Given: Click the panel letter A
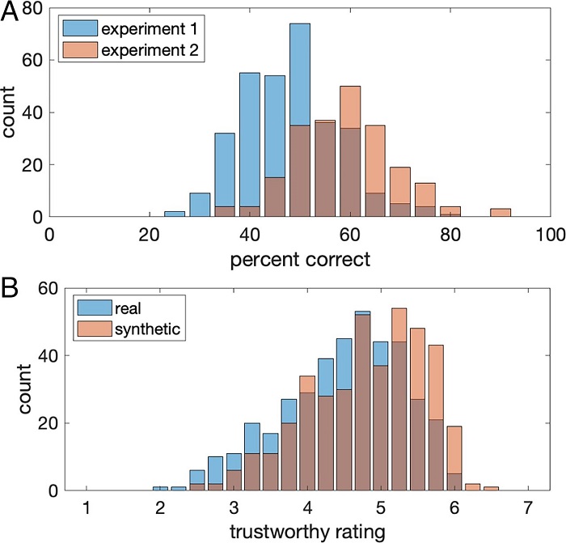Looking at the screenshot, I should pyautogui.click(x=11, y=13).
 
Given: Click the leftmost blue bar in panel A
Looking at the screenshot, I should pyautogui.click(x=175, y=214).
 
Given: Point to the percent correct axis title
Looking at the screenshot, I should pyautogui.click(x=300, y=262).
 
